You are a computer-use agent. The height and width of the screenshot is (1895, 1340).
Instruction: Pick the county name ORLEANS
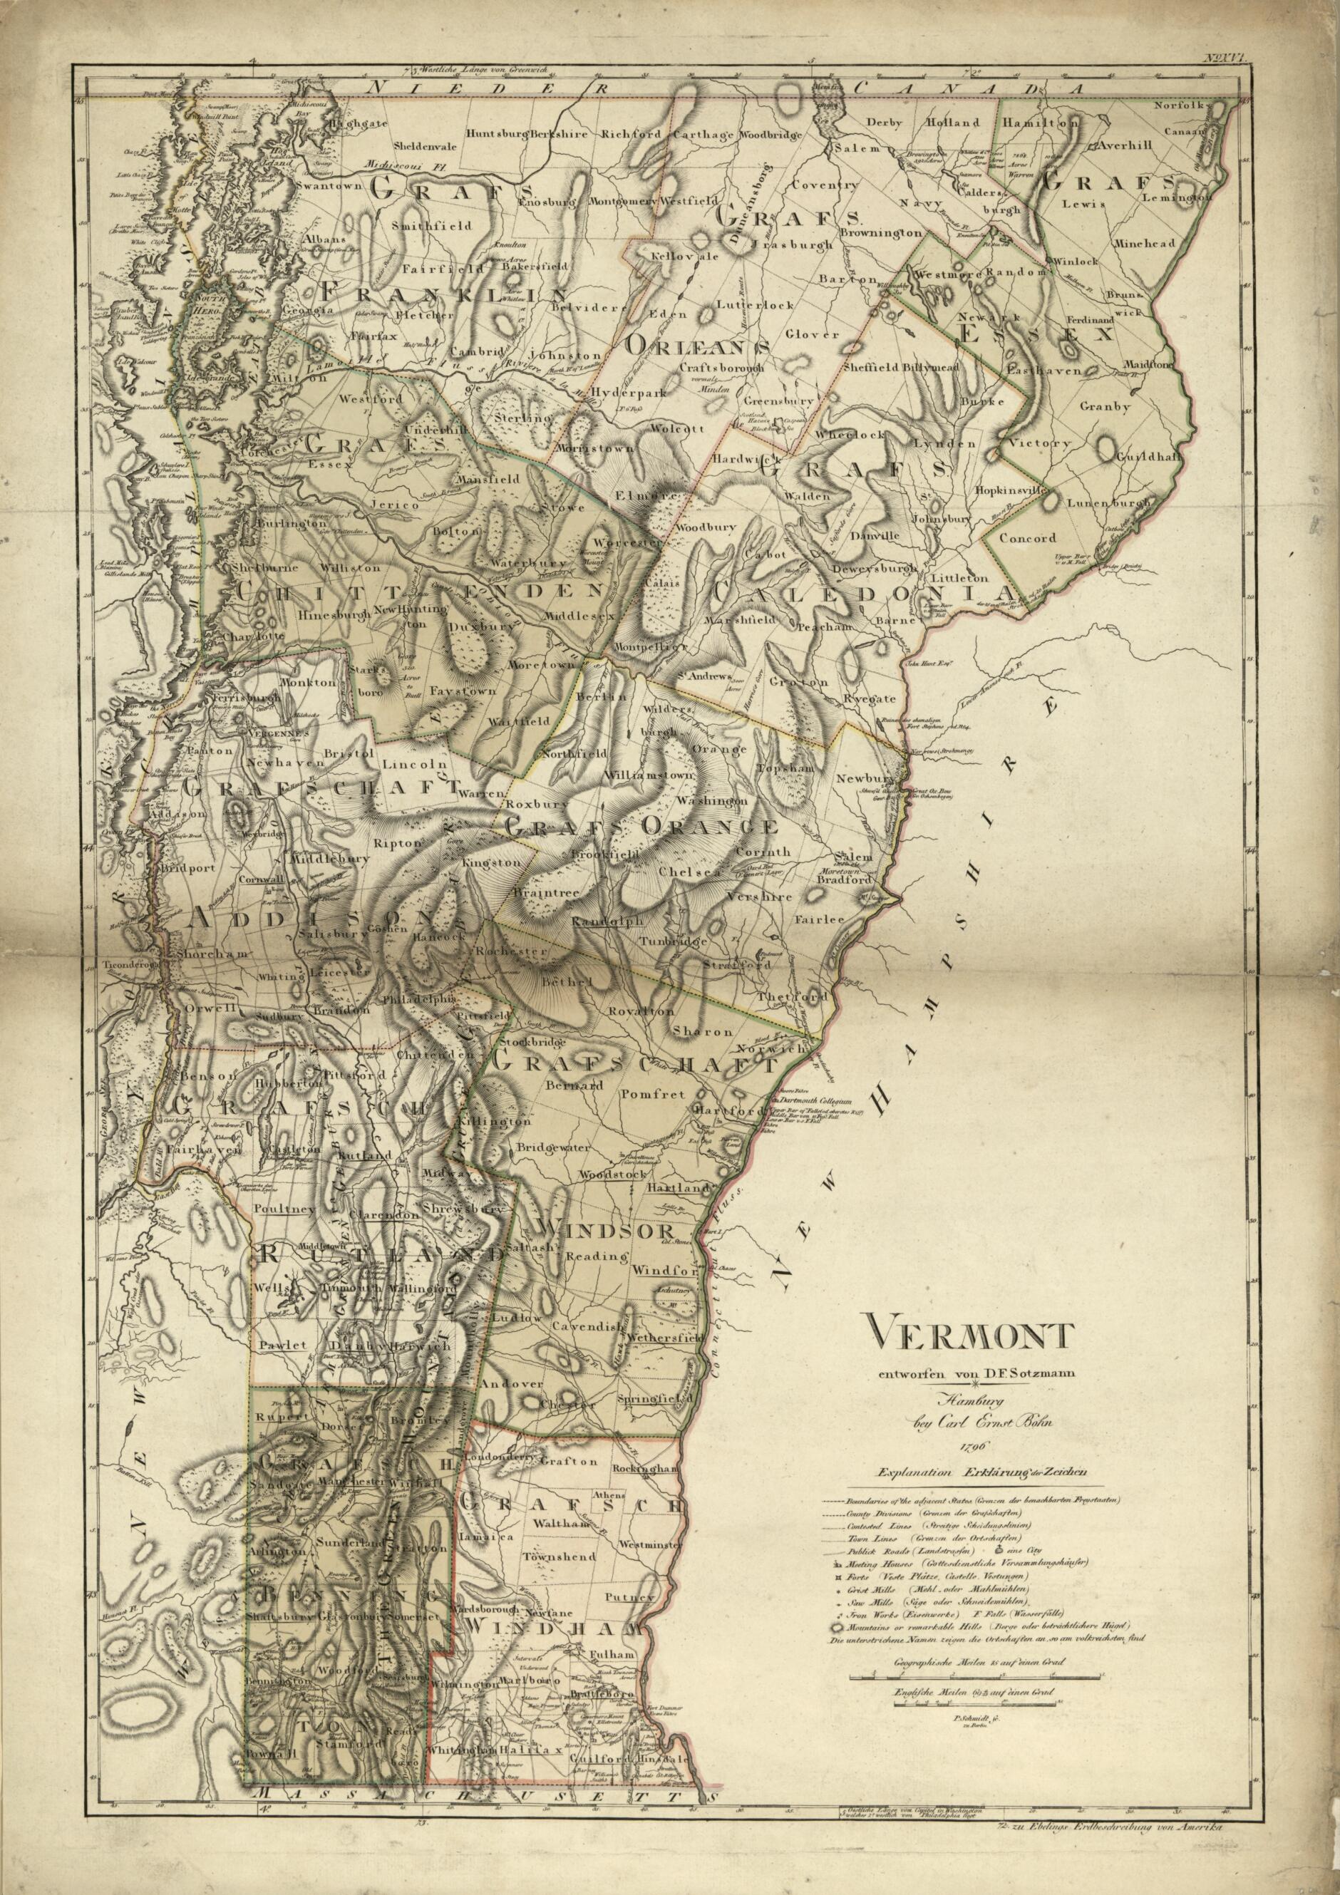click(699, 345)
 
